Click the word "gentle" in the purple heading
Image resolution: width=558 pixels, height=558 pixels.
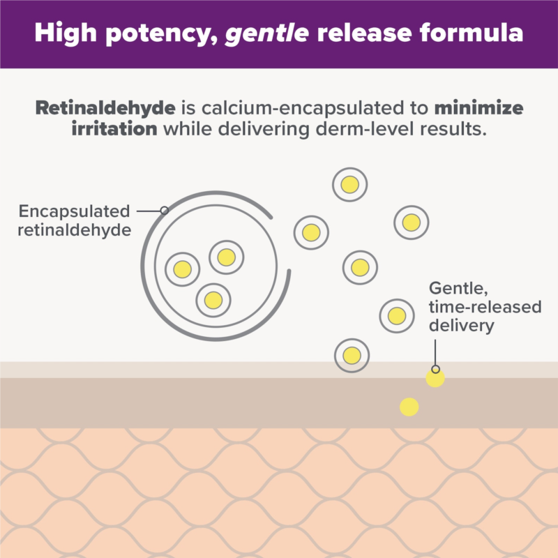[267, 33]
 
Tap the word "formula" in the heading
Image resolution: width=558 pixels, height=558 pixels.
[472, 32]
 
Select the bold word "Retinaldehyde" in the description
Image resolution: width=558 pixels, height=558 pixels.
[105, 108]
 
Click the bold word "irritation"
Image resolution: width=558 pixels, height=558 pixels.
[114, 128]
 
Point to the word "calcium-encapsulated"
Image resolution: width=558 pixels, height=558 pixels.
[303, 108]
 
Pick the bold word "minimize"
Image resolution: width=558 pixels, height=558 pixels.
[478, 107]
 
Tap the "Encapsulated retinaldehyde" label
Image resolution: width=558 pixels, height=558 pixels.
[74, 220]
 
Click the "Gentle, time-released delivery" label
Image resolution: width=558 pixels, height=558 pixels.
[485, 307]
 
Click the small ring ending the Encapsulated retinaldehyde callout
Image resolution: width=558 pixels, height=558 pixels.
[165, 211]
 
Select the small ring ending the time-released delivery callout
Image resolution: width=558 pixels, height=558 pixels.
[435, 369]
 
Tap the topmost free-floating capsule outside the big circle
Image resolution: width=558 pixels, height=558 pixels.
[350, 185]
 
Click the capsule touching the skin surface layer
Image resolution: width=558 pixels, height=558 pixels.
[352, 356]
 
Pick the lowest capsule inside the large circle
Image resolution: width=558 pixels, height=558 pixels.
[213, 301]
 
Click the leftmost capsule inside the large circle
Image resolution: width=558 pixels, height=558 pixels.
[183, 269]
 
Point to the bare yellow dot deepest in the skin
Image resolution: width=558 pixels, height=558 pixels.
[409, 407]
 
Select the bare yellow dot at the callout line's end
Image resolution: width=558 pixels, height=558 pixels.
[435, 378]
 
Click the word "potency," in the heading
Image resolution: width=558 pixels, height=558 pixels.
[162, 33]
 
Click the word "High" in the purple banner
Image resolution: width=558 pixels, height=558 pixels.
[66, 33]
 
